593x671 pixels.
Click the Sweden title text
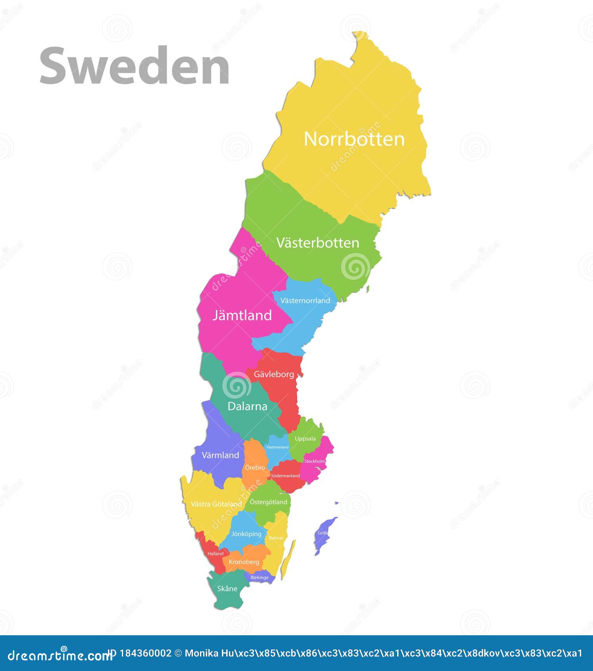pyautogui.click(x=134, y=66)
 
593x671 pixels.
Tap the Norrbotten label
pyautogui.click(x=354, y=139)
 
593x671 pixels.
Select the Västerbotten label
pyautogui.click(x=318, y=243)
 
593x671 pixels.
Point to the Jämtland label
pyautogui.click(x=242, y=315)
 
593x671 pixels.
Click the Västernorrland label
pyautogui.click(x=305, y=301)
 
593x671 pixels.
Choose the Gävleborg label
pyautogui.click(x=274, y=374)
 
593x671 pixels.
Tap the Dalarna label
pyautogui.click(x=247, y=406)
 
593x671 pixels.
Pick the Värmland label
pyautogui.click(x=220, y=455)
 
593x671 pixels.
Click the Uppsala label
pyautogui.click(x=305, y=439)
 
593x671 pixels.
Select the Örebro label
pyautogui.click(x=255, y=468)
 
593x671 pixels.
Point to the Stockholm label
pyautogui.click(x=315, y=461)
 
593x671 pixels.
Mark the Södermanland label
pyautogui.click(x=285, y=476)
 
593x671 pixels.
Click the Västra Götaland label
pyautogui.click(x=216, y=504)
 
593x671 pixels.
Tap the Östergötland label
pyautogui.click(x=268, y=502)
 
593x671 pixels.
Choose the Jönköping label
pyautogui.click(x=246, y=534)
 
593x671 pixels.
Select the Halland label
pyautogui.click(x=216, y=553)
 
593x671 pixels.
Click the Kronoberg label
pyautogui.click(x=244, y=562)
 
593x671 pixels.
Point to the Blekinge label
pyautogui.click(x=260, y=577)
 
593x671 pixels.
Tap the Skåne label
pyautogui.click(x=227, y=588)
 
